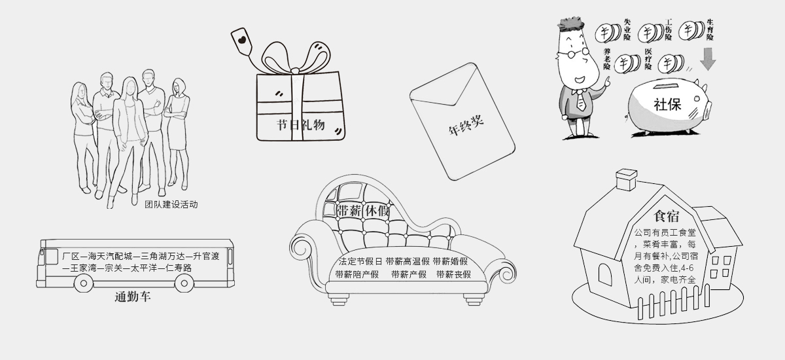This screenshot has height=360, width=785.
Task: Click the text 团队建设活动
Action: click(x=171, y=204)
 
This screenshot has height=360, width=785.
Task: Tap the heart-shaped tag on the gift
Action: click(x=242, y=41)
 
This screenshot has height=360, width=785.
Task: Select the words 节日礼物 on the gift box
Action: click(x=301, y=125)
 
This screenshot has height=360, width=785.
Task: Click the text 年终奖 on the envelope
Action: click(x=466, y=125)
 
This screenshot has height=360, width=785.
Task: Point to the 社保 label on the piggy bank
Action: click(x=667, y=105)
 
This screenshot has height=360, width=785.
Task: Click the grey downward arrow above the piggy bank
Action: click(x=708, y=59)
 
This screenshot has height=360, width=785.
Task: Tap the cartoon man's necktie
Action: click(x=581, y=101)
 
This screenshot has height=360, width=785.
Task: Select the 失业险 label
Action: click(x=627, y=29)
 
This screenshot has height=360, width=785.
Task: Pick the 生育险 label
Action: click(x=710, y=29)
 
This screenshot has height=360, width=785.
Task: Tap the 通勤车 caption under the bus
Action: click(x=132, y=297)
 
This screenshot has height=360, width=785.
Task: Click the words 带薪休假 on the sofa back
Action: click(x=362, y=211)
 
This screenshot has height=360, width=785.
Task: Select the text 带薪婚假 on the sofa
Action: click(x=450, y=262)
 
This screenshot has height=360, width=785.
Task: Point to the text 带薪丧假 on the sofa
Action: click(x=453, y=274)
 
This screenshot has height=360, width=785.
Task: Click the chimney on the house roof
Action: click(x=627, y=179)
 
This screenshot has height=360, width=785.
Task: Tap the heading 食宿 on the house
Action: click(x=667, y=216)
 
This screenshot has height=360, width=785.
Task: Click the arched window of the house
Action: click(x=605, y=274)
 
